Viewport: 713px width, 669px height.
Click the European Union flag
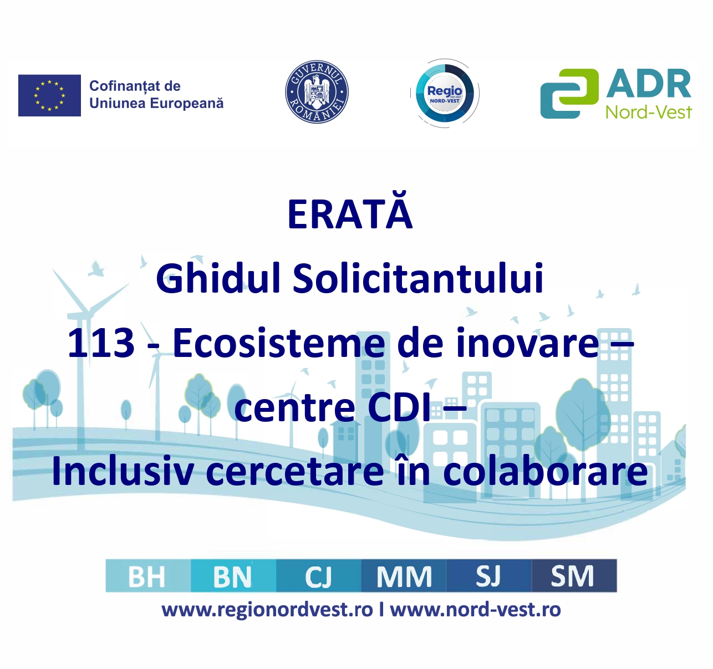click(x=49, y=95)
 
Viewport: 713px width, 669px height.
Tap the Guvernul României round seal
click(x=317, y=92)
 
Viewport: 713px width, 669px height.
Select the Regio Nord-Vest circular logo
click(x=445, y=93)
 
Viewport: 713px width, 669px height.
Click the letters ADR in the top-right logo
click(x=648, y=84)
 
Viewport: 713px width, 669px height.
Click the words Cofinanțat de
click(x=135, y=86)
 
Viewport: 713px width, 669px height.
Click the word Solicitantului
click(x=418, y=278)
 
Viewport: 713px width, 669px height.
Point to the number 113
click(x=101, y=343)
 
